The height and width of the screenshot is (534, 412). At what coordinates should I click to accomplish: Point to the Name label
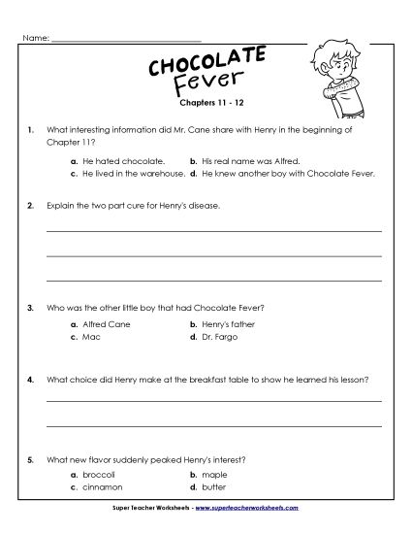tap(35, 39)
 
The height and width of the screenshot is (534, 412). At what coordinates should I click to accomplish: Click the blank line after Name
tap(125, 41)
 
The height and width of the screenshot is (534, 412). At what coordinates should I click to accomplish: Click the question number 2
tap(32, 206)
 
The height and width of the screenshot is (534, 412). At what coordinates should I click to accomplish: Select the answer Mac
tap(90, 337)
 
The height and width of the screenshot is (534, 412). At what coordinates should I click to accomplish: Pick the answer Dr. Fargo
tap(218, 337)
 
